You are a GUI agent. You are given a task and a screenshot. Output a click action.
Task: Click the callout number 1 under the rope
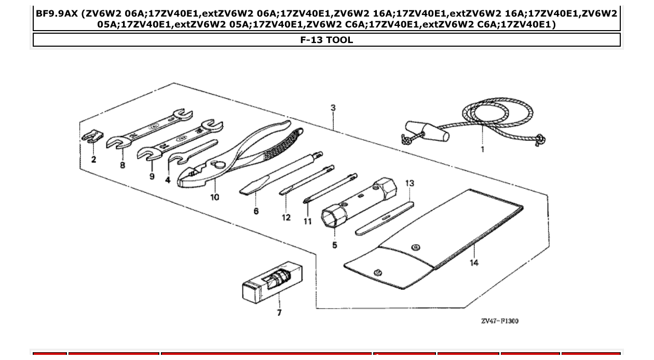click(x=482, y=149)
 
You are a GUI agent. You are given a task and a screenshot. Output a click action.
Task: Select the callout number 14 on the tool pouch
click(x=474, y=262)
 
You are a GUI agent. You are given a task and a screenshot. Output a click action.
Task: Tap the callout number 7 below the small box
click(x=279, y=312)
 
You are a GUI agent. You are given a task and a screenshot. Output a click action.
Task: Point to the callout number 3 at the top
click(x=333, y=108)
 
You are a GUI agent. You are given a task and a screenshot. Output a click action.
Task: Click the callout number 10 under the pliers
click(x=214, y=197)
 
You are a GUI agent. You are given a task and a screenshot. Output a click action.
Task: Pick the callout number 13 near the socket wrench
click(x=410, y=183)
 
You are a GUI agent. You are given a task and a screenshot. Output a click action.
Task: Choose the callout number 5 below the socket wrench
click(x=334, y=245)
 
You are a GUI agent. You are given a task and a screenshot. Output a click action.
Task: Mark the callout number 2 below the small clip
click(x=93, y=159)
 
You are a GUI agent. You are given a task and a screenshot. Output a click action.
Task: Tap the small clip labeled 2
click(x=90, y=136)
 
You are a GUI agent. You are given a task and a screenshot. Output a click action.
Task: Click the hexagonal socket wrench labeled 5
click(x=358, y=202)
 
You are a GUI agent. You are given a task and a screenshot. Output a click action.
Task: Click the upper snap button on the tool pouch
click(x=415, y=247)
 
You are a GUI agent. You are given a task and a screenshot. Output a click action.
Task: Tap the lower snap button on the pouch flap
click(x=378, y=272)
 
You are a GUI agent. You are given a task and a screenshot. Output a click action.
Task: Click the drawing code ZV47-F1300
click(x=499, y=321)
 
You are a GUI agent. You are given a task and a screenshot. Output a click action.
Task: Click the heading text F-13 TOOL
click(x=326, y=40)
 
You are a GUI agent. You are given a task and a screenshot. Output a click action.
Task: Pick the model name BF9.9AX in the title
click(x=56, y=13)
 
